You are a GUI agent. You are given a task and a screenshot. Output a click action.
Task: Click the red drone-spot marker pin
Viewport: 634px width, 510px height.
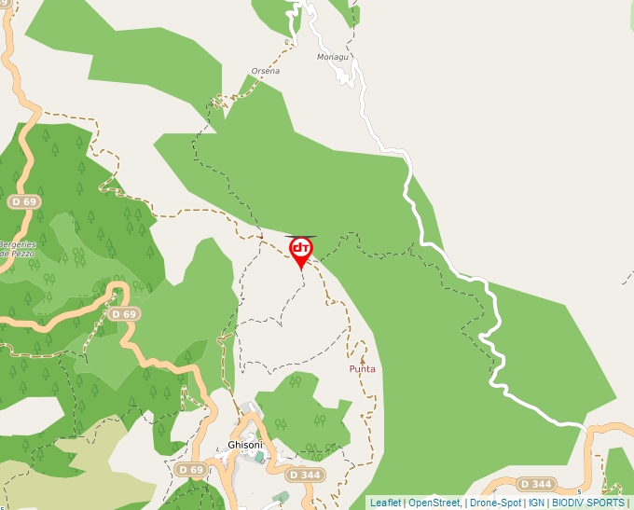pos(300,250)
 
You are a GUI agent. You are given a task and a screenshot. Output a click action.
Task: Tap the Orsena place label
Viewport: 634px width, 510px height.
pos(265,71)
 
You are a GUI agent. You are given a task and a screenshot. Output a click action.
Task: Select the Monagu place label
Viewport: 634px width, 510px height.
pos(332,57)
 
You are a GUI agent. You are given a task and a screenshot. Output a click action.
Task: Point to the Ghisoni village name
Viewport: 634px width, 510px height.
pos(245,445)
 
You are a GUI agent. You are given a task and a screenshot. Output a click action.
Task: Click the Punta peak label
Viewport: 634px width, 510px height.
pos(362,369)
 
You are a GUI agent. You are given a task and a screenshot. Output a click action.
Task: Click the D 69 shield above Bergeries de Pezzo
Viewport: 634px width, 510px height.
pos(25,201)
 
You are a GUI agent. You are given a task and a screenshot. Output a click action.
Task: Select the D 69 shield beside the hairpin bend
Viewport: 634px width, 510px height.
pos(123,314)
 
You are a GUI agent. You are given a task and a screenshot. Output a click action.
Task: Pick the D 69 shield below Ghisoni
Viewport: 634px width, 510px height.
pos(190,469)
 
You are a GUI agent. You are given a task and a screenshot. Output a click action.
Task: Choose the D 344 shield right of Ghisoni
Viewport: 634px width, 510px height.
pos(305,475)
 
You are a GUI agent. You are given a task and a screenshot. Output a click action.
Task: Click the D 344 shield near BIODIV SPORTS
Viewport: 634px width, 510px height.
pos(536,484)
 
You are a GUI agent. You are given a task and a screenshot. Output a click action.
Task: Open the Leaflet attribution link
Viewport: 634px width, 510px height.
pos(385,503)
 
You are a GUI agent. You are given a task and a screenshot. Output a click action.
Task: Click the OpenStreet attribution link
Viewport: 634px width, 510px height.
pos(434,503)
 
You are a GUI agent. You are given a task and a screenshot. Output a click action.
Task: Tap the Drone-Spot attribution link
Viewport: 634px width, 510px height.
pos(495,503)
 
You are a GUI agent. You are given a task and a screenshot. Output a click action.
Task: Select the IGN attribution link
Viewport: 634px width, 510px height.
pos(536,503)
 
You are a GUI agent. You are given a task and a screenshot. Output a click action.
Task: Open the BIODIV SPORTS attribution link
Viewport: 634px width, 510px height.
pos(587,503)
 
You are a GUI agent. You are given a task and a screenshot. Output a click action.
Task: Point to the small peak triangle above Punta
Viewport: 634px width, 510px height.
pos(363,358)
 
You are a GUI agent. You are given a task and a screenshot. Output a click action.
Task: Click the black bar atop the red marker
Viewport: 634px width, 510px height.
pos(300,237)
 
